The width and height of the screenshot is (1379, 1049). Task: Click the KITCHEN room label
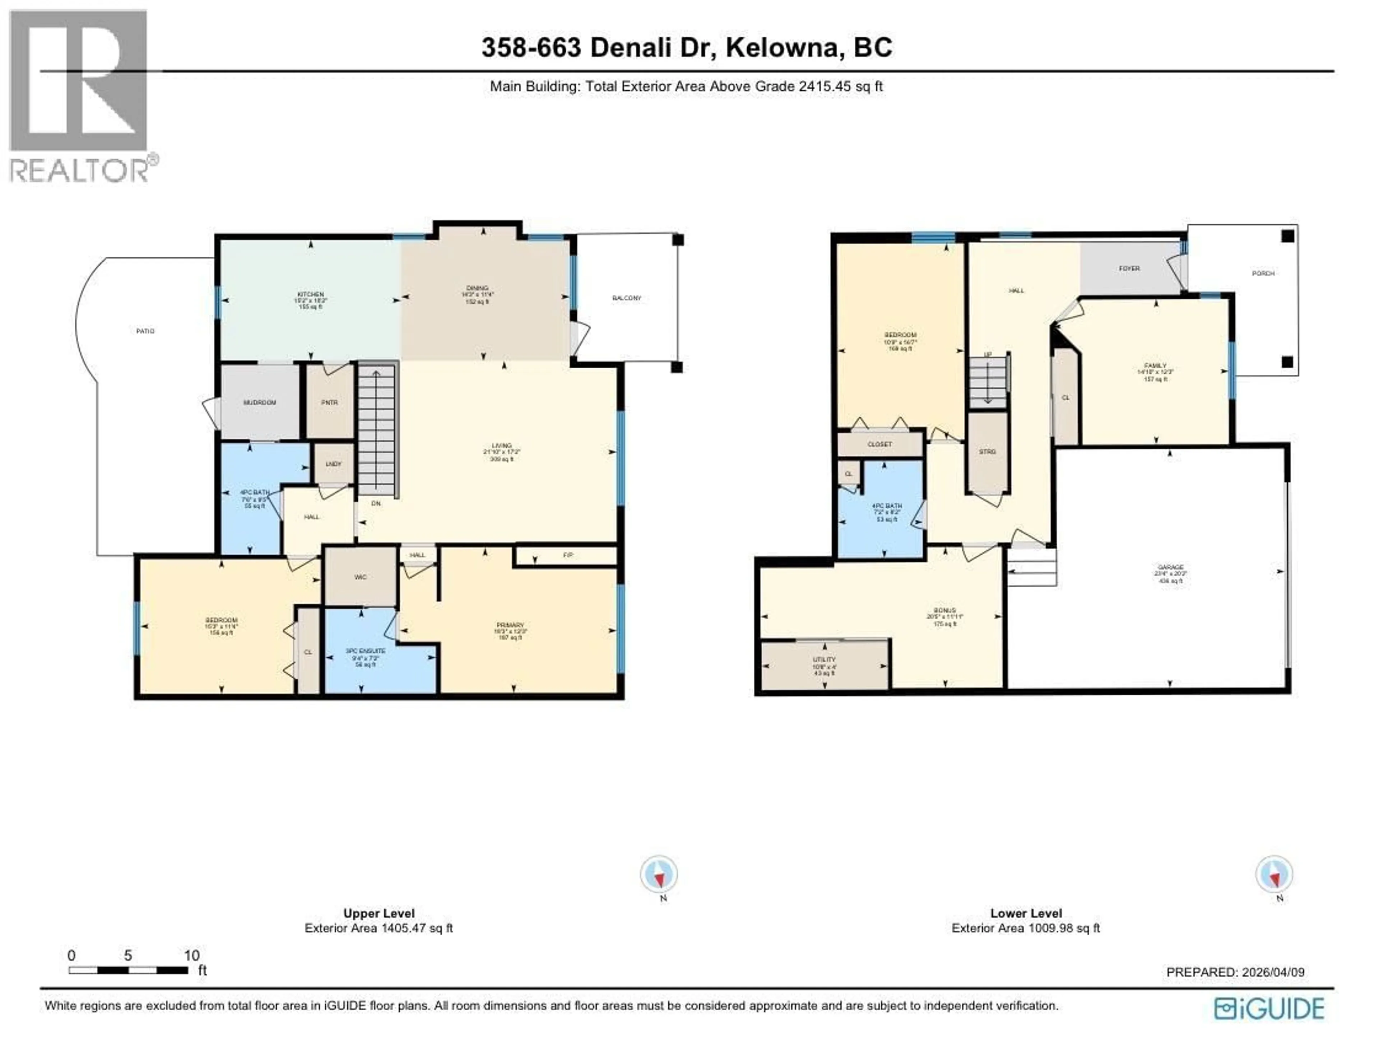point(310,294)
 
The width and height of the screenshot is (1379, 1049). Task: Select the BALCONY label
point(626,298)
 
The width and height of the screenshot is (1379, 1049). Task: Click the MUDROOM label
point(259,403)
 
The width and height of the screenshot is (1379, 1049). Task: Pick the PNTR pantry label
point(329,403)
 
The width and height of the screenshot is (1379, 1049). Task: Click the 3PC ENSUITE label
point(365,651)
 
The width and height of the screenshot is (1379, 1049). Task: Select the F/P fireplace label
point(568,555)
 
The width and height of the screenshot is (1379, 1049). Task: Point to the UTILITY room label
point(825,659)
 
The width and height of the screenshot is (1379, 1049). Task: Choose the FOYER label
point(1129,269)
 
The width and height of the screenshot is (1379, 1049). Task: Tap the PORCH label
point(1263,274)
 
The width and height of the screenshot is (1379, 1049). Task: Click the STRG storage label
point(988,452)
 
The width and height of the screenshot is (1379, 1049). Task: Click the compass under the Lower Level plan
point(1274,874)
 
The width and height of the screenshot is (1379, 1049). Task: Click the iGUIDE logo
point(1269,1009)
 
